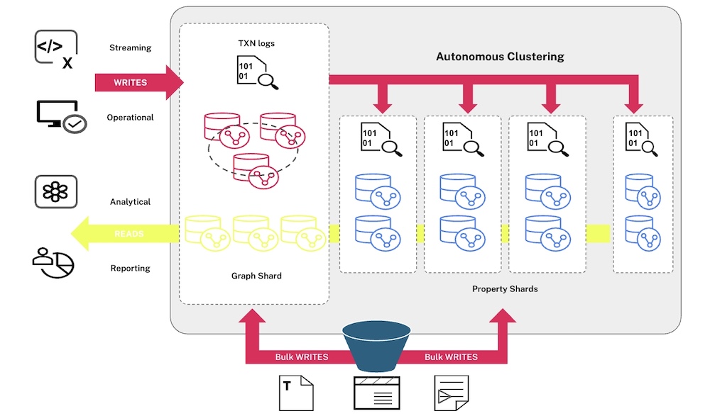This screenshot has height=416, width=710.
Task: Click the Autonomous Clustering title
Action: [x=500, y=57]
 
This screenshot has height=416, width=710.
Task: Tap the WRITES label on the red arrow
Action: [x=131, y=83]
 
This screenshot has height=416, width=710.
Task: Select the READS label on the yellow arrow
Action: [x=129, y=234]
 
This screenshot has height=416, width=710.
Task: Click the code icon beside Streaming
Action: [x=56, y=50]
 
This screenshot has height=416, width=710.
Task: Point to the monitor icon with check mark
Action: [x=61, y=117]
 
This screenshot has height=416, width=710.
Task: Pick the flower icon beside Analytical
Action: [x=56, y=192]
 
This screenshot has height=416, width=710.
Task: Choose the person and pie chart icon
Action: [x=53, y=263]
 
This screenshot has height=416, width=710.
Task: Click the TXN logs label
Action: [x=256, y=43]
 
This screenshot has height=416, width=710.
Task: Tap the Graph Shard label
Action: [x=256, y=276]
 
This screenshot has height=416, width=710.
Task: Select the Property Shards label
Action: [x=505, y=289]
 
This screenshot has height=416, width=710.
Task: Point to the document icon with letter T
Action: [x=296, y=393]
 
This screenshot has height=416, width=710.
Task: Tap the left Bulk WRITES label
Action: [x=302, y=356]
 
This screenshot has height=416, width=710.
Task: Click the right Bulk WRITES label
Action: [x=451, y=356]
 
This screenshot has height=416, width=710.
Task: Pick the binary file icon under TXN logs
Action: [x=258, y=72]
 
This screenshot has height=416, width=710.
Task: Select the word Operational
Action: [x=131, y=118]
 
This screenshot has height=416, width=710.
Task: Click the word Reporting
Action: [x=131, y=268]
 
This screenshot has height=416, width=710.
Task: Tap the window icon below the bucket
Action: [x=377, y=393]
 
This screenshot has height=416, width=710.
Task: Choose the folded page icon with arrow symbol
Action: [x=452, y=393]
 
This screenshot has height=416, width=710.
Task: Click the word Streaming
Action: [x=131, y=47]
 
